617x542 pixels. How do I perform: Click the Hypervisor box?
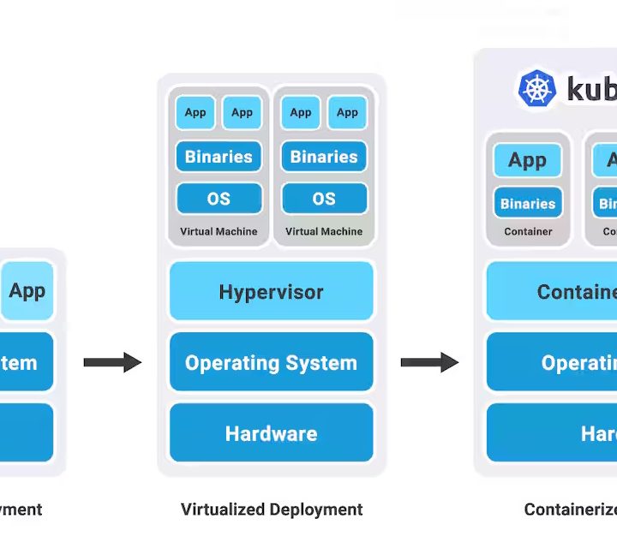click(x=271, y=291)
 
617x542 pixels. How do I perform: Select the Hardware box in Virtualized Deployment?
click(x=271, y=433)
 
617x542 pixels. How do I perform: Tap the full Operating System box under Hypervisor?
click(x=271, y=362)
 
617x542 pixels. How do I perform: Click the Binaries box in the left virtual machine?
click(x=219, y=157)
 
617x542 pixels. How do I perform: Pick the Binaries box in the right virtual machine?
click(x=324, y=157)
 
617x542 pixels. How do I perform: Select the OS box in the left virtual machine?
click(x=219, y=199)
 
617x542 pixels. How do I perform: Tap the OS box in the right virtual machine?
click(x=324, y=199)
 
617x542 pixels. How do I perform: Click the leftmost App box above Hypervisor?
click(x=195, y=112)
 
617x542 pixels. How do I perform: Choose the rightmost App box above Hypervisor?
click(x=347, y=112)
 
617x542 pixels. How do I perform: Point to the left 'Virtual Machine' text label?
click(x=219, y=231)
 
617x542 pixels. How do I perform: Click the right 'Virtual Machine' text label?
click(x=324, y=231)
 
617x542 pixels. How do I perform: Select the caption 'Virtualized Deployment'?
click(x=272, y=509)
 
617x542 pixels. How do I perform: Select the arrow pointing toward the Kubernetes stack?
click(x=429, y=362)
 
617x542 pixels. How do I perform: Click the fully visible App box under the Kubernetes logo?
click(x=528, y=160)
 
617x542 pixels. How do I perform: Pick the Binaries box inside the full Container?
click(x=528, y=204)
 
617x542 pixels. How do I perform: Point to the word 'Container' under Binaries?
click(x=528, y=231)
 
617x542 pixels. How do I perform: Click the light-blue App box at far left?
click(x=27, y=290)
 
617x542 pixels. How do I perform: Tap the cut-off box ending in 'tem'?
click(x=26, y=362)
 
